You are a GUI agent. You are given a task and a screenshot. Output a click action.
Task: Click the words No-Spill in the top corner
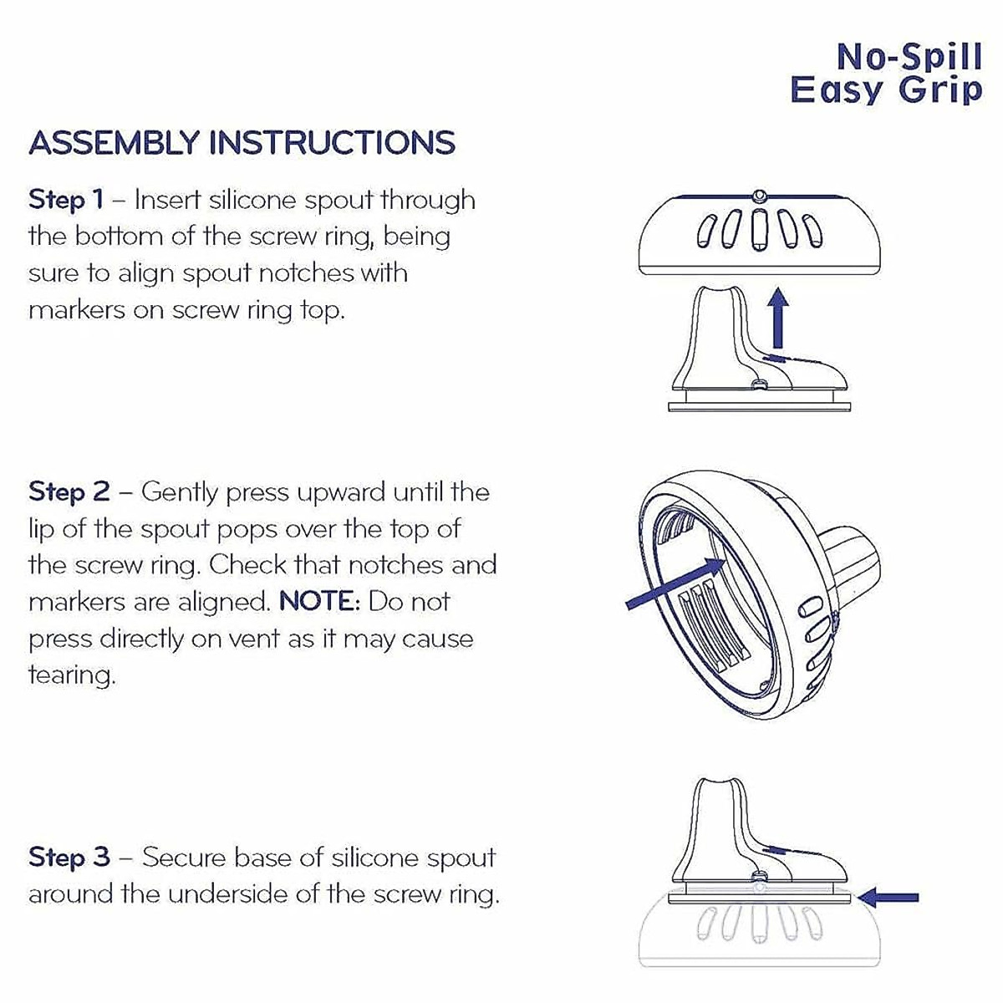click(909, 59)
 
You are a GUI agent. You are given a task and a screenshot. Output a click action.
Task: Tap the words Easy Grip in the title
click(886, 90)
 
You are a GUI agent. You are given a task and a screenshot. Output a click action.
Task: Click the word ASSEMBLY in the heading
click(114, 143)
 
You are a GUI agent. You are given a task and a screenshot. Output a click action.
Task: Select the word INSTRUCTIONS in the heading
click(332, 143)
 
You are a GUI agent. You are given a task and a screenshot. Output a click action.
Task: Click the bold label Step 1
click(66, 201)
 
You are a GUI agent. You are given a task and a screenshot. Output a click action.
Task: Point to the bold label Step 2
click(69, 492)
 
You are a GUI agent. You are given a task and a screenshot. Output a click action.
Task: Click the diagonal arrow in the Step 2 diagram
click(676, 583)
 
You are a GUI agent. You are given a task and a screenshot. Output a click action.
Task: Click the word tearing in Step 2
click(72, 676)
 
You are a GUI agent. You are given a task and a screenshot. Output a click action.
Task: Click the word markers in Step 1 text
click(76, 310)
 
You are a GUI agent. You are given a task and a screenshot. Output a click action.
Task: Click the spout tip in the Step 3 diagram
click(720, 797)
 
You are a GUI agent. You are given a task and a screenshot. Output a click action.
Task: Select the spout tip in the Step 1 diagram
click(720, 290)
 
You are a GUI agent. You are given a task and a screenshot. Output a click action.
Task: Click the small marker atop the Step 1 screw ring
click(760, 195)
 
